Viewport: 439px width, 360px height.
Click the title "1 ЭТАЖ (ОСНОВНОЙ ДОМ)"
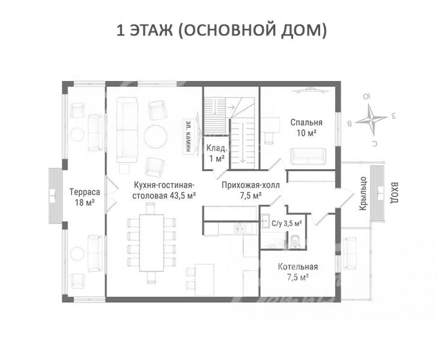tap(221, 31)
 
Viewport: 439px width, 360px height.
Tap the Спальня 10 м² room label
tap(306, 128)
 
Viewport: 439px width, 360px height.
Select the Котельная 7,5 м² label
tap(298, 272)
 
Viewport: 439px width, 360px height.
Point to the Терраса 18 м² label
tap(85, 197)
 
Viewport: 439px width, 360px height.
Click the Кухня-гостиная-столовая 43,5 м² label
tap(164, 190)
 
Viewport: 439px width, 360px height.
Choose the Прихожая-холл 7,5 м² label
tap(250, 190)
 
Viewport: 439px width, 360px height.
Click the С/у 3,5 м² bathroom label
tap(286, 223)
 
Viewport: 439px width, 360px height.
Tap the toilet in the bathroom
tap(295, 242)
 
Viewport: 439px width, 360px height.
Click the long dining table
tap(151, 243)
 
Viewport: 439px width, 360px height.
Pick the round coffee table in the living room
tap(156, 137)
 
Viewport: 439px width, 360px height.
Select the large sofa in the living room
tap(127, 130)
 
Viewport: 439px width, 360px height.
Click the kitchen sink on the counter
tap(239, 228)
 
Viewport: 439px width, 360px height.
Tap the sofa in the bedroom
tap(308, 156)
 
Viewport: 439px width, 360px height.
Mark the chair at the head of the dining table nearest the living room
tap(151, 209)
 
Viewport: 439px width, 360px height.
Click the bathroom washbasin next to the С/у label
tap(265, 221)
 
